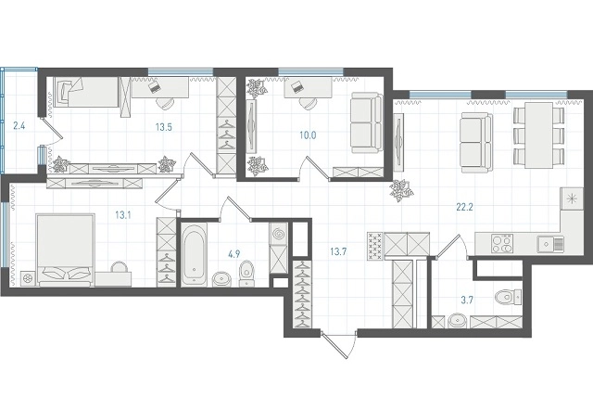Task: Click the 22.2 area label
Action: click(464, 207)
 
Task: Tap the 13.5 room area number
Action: click(164, 127)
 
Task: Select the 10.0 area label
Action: click(308, 135)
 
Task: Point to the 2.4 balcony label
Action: click(19, 125)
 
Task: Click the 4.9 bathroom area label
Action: click(234, 254)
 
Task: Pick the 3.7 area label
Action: click(467, 301)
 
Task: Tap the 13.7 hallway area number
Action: click(338, 251)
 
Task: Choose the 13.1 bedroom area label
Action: click(123, 216)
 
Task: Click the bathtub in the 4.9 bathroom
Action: click(194, 254)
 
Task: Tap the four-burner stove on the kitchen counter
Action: click(502, 243)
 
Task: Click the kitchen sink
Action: click(550, 244)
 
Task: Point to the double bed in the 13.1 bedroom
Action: click(66, 249)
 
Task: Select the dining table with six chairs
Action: click(539, 135)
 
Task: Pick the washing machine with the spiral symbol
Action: click(279, 234)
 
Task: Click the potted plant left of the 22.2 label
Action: click(401, 190)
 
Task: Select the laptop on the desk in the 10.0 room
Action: click(296, 86)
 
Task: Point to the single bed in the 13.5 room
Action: click(86, 92)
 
